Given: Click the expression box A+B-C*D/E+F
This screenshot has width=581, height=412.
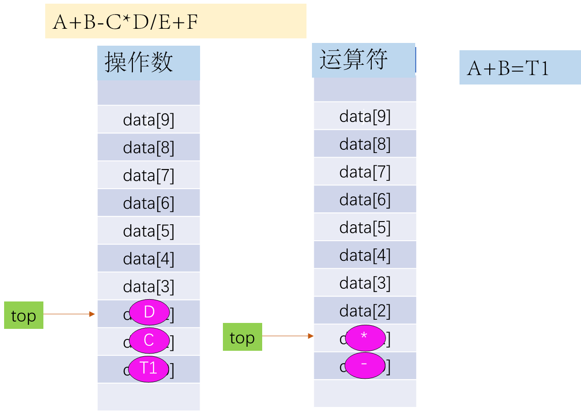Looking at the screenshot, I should tap(175, 21).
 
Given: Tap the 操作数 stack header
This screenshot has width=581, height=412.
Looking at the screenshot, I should tap(148, 63).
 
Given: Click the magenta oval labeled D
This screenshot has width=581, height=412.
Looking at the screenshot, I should tap(149, 312).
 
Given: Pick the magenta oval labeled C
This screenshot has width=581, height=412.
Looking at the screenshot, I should tap(149, 340).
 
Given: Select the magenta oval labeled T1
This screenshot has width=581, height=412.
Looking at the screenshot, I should tap(148, 368).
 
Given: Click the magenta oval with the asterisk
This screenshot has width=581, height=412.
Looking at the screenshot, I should tap(365, 337).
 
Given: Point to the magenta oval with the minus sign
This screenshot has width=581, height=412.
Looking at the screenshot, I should tap(364, 365).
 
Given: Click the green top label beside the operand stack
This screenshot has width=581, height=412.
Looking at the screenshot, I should tap(24, 315).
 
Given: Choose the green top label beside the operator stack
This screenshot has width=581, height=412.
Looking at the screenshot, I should tap(242, 337).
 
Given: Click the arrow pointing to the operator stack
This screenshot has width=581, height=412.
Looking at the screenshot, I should tap(288, 336).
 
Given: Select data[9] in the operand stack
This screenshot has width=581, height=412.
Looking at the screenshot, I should tap(148, 120).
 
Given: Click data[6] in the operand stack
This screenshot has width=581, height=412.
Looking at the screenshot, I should tap(148, 203).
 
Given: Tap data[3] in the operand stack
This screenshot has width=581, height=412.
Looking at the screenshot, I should tap(148, 286).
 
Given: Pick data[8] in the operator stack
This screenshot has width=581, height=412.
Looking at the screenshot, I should tap(365, 144).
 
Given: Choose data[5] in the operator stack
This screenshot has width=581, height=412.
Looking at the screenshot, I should tap(365, 227).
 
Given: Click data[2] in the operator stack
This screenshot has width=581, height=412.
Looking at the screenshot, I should tap(365, 311).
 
